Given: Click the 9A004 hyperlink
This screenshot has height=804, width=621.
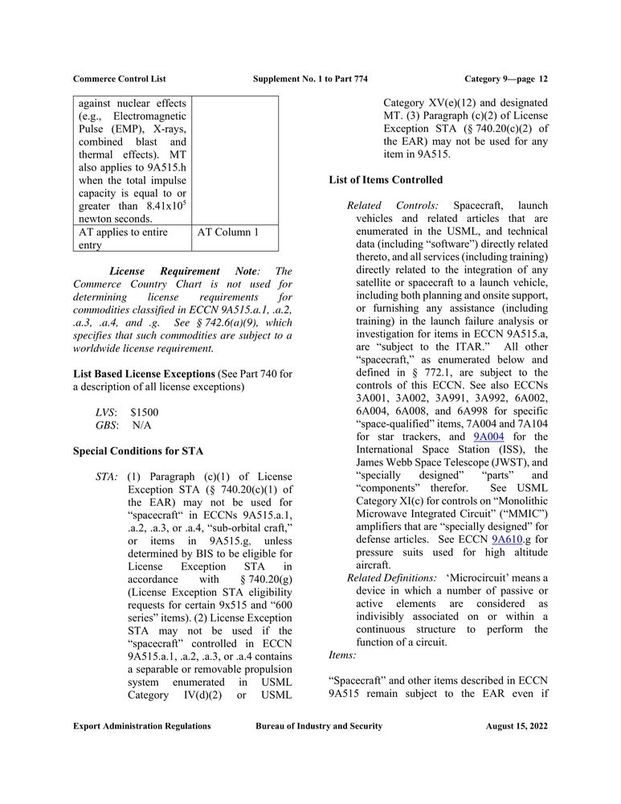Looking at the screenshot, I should click(x=488, y=437).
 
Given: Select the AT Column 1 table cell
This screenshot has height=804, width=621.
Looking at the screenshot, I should click(x=228, y=232).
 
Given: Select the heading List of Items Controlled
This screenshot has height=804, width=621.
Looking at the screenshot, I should click(x=386, y=180).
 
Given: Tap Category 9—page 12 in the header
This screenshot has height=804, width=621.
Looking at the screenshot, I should click(x=506, y=79).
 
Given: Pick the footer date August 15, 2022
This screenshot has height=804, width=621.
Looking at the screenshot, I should click(x=516, y=726).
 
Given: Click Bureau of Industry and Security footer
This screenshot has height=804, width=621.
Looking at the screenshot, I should click(x=319, y=726).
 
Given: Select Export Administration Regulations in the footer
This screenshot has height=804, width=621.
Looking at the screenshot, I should click(x=141, y=726).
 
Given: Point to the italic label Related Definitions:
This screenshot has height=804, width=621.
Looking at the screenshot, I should click(x=391, y=578).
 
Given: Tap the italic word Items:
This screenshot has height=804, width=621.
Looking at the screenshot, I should click(x=343, y=655).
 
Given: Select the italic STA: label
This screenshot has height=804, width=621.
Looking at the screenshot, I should click(x=107, y=477).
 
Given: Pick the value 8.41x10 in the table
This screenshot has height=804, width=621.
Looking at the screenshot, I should click(x=165, y=207).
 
